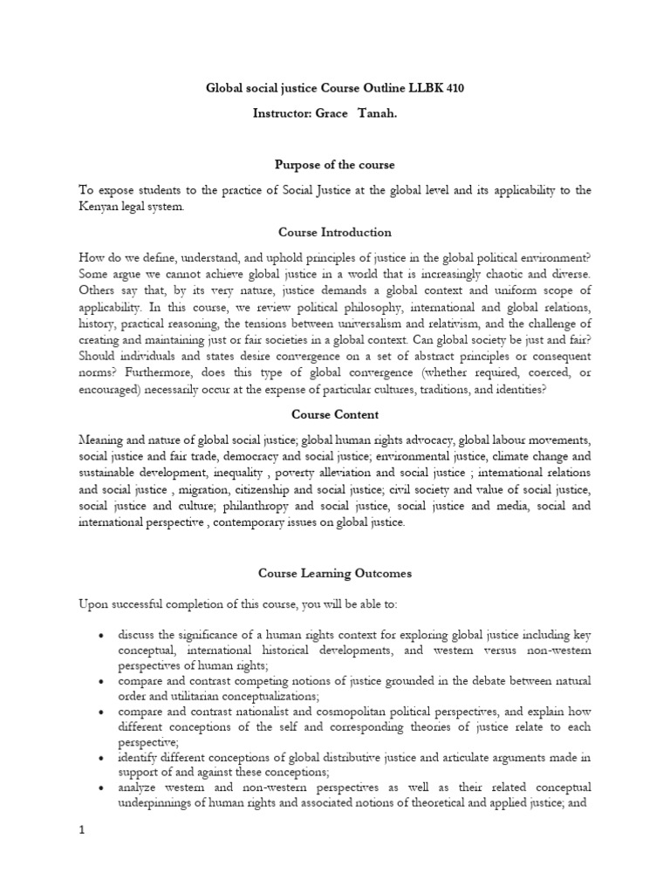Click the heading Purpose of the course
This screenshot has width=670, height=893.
(335, 165)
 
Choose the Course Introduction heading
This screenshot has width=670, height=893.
(335, 233)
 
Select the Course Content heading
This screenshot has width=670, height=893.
(335, 415)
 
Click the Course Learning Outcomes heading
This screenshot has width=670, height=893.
(335, 574)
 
